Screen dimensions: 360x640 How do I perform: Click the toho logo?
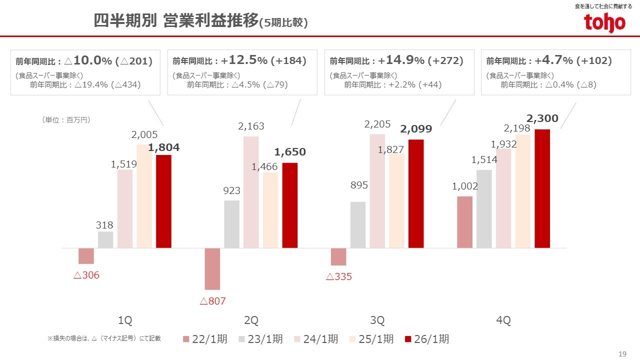[x=604, y=22]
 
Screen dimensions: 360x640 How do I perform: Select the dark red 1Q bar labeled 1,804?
[x=163, y=201]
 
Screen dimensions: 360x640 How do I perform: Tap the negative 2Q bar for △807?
[x=212, y=268]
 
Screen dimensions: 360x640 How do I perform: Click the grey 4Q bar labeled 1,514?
[x=484, y=208]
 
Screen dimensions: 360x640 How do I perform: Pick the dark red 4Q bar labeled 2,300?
[x=542, y=188]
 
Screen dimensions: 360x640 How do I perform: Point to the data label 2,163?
[x=251, y=126]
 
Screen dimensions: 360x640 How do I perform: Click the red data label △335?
[x=339, y=276]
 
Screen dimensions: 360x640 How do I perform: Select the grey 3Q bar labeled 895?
[x=358, y=224]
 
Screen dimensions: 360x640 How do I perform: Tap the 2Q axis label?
[x=251, y=320]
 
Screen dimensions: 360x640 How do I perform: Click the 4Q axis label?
[x=503, y=320]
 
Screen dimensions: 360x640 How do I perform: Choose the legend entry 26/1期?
[x=426, y=339]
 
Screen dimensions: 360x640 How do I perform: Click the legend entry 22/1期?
[x=204, y=339]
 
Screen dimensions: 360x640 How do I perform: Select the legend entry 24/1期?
[x=315, y=339]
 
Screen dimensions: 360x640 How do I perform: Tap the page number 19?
[x=622, y=354]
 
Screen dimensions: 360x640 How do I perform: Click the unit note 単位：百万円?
[x=66, y=120]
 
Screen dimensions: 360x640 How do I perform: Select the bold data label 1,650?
[x=289, y=152]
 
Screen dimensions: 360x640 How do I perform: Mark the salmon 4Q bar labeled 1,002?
[x=465, y=222]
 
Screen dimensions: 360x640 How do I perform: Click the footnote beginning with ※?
[x=104, y=338]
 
